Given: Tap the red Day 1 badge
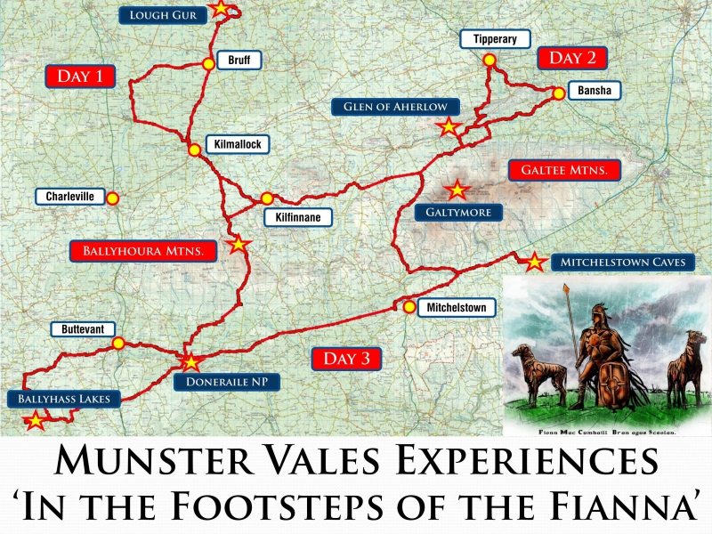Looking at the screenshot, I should click(x=80, y=76).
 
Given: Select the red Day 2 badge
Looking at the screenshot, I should click(x=572, y=58).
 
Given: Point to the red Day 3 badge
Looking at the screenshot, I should click(x=346, y=359).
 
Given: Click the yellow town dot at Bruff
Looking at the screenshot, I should click(x=208, y=63).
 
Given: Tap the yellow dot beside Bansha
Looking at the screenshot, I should click(x=557, y=93).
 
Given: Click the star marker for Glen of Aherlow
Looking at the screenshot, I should click(x=449, y=126).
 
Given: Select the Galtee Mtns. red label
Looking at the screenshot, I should click(x=563, y=170).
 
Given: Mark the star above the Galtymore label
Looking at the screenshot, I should click(x=457, y=189).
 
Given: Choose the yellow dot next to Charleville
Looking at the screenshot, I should click(x=112, y=198).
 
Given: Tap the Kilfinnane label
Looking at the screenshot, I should click(x=298, y=216).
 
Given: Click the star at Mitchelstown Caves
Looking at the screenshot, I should click(x=534, y=262).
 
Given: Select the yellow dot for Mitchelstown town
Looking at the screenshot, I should click(x=408, y=308).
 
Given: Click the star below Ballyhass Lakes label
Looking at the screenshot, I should click(x=35, y=420).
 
